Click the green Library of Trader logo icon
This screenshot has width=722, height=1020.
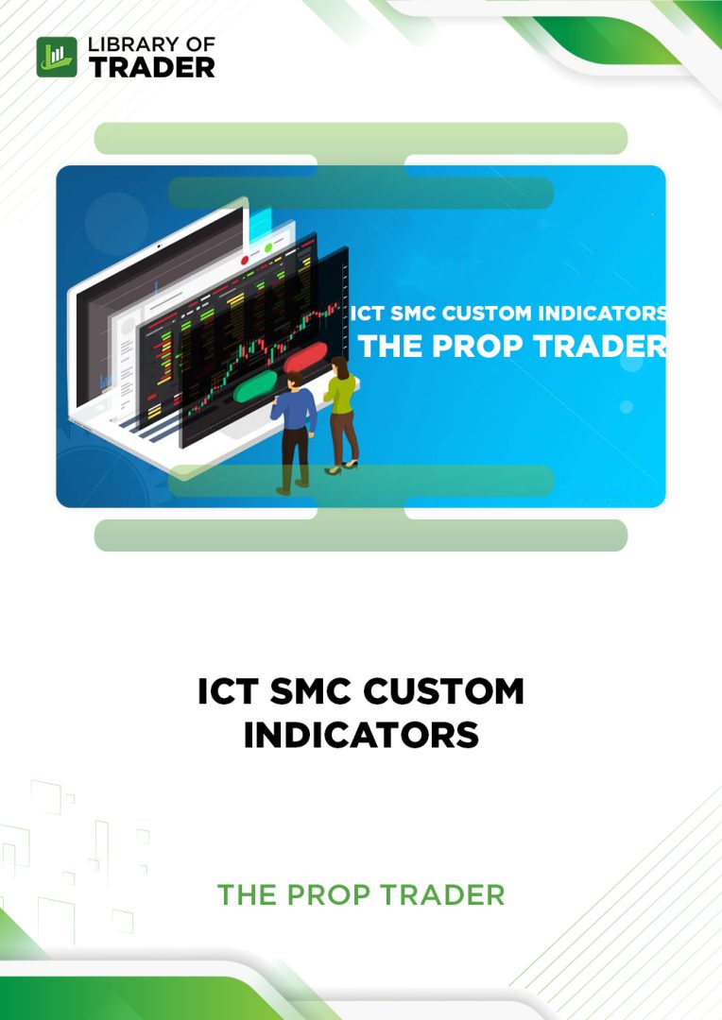[57, 57]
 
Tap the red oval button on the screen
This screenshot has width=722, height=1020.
[304, 360]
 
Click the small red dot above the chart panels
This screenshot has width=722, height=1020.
[246, 258]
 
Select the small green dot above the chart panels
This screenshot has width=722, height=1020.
[268, 248]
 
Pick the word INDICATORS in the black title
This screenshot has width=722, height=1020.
[361, 735]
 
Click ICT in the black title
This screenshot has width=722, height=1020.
[224, 691]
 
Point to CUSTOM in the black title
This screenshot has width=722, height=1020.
[445, 691]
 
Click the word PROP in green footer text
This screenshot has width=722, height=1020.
[333, 894]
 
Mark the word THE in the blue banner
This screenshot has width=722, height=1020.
[389, 345]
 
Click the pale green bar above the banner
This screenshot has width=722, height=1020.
[361, 138]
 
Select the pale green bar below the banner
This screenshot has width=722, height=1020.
[361, 535]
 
